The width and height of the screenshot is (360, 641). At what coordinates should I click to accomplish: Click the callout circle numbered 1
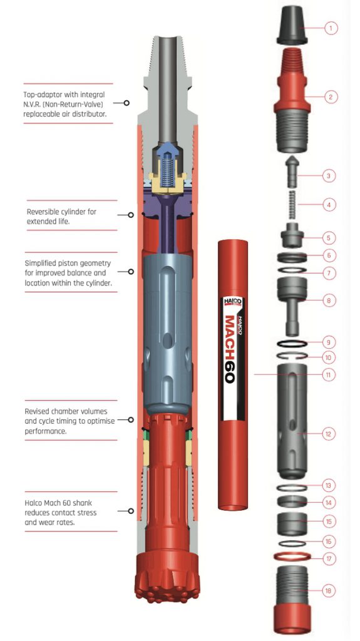pos(331,28)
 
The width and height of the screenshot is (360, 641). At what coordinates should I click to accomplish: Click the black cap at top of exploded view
pos(292,26)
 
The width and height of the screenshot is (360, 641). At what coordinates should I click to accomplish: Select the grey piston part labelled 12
pos(292,432)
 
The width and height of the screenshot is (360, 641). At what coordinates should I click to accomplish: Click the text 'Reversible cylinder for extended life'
pos(62,217)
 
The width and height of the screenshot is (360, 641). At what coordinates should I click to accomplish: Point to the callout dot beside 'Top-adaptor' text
pos(127,103)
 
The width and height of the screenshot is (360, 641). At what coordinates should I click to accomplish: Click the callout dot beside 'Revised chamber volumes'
pos(131,420)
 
